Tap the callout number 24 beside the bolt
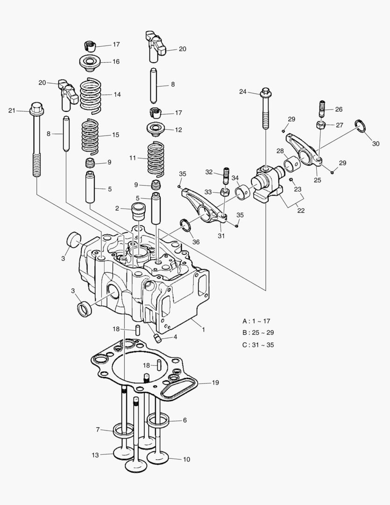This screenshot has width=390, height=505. [x=243, y=92]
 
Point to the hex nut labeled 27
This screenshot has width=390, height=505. [x=321, y=125]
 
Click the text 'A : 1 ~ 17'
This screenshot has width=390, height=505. [x=256, y=321]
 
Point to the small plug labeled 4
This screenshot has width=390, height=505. [x=158, y=339]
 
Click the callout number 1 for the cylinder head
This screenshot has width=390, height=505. [x=203, y=329]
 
